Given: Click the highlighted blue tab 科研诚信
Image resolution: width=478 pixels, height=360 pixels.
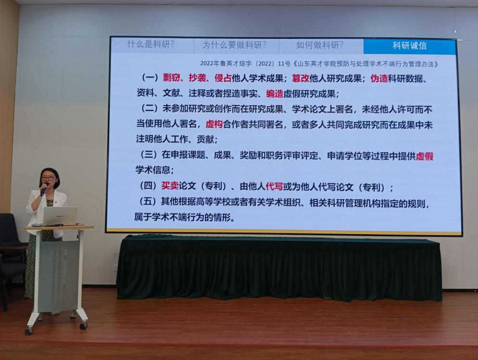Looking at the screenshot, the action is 409,46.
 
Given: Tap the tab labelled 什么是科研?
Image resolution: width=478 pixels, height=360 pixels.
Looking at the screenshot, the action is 151,45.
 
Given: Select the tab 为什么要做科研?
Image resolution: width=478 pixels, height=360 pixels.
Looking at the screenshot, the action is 234,45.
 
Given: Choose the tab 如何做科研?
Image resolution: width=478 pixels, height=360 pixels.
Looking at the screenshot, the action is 319,45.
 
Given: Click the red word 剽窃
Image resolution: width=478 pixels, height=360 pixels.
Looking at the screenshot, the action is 171,78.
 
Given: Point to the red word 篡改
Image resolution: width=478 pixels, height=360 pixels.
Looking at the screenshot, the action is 301,78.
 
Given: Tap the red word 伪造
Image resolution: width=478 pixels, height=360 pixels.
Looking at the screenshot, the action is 379,79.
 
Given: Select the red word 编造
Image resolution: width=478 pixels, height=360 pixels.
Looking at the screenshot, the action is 275,94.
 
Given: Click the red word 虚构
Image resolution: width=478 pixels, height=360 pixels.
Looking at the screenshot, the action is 214,124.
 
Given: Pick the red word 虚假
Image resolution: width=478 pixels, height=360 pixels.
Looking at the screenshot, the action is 425,156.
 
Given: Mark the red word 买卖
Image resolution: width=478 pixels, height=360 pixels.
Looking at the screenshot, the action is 170,186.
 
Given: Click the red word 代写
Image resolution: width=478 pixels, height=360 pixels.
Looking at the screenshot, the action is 275,186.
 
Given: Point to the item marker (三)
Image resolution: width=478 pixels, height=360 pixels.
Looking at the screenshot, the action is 149,155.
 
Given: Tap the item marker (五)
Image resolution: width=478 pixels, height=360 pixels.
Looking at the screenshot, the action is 148,201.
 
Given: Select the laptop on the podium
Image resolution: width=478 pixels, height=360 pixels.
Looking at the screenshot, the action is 60,216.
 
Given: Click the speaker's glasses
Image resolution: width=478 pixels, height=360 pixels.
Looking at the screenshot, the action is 49,178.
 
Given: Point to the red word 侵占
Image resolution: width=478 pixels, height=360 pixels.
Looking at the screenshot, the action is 223,78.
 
